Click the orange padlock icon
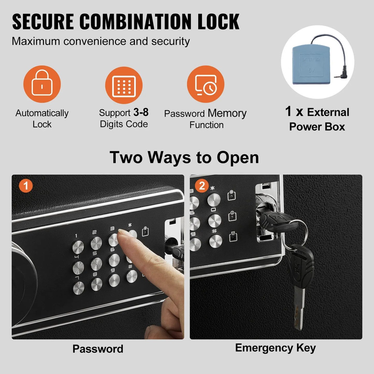coord(42,84)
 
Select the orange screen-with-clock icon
coord(206,84)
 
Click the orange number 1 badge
coord(26,186)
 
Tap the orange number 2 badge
coord(202,186)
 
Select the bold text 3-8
coord(141,112)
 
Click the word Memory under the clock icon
coord(227,113)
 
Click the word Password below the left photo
coord(98,349)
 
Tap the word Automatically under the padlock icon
coord(42,113)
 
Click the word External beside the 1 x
coord(328,112)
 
